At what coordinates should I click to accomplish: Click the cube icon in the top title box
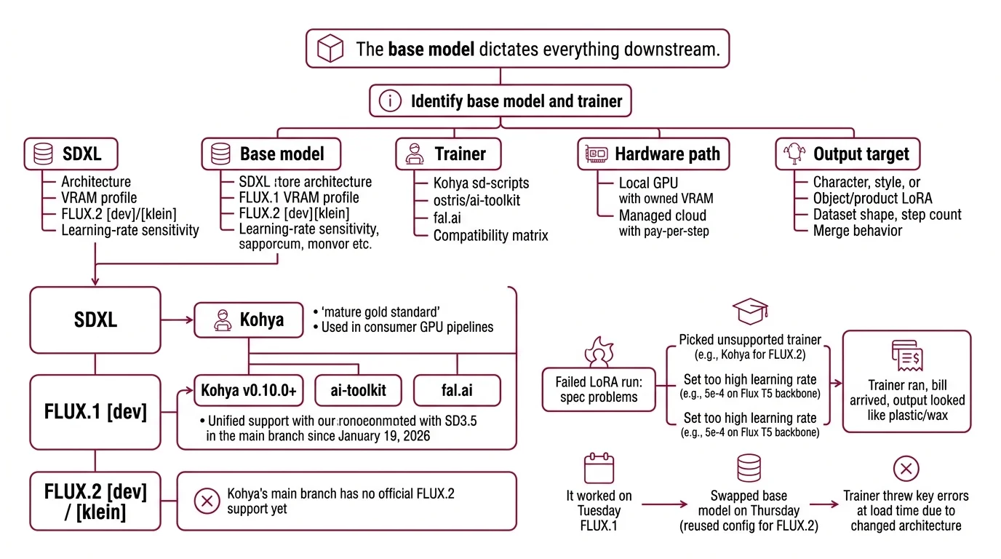[330, 49]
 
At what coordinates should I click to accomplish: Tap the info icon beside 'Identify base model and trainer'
[391, 101]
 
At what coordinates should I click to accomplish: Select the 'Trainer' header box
[448, 154]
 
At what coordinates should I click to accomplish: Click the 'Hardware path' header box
[653, 154]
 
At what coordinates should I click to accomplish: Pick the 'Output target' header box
[847, 154]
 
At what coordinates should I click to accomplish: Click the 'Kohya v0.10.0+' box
[248, 391]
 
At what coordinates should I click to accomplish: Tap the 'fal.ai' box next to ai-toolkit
[457, 391]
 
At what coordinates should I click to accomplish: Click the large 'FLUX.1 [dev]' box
[95, 412]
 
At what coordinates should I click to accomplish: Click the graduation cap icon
[749, 312]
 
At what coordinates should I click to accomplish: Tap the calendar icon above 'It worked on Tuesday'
[599, 469]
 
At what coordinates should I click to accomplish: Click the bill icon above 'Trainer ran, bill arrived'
[906, 357]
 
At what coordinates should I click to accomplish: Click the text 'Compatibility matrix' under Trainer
[490, 235]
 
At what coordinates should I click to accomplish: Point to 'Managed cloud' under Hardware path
[662, 215]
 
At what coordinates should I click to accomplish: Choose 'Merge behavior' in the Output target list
[857, 231]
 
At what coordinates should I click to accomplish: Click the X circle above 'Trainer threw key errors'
[906, 469]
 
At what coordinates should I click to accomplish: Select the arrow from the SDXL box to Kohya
[177, 320]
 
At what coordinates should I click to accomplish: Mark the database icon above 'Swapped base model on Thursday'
[749, 469]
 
